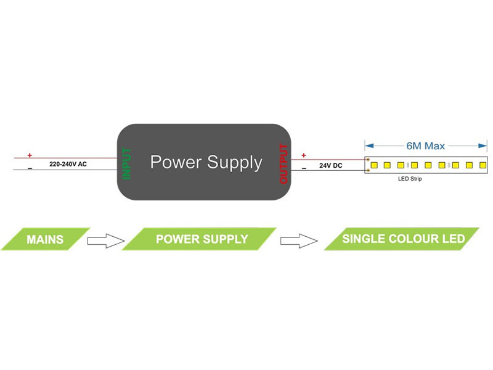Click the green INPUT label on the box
point(127,163)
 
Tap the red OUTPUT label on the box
point(283,163)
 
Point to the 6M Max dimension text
point(426,147)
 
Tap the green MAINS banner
point(45,239)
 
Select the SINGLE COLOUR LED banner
point(402,239)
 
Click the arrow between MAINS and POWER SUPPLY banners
point(105,240)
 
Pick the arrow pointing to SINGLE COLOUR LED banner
point(299,240)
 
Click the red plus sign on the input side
point(29,155)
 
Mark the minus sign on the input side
point(29,168)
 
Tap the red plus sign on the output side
point(303,155)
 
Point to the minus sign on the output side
point(303,168)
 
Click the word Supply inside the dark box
point(234,163)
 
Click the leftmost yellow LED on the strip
point(373,165)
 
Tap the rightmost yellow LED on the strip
point(483,165)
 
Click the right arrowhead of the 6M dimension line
point(484,146)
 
